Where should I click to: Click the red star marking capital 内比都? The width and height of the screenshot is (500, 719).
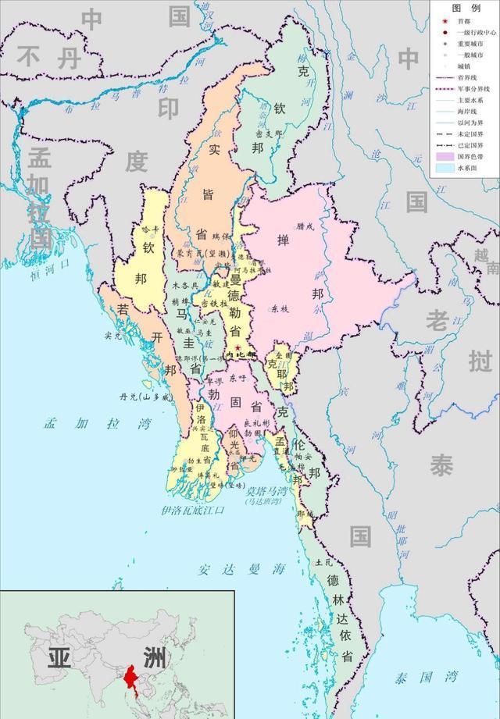pyautogui.click(x=237, y=347)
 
